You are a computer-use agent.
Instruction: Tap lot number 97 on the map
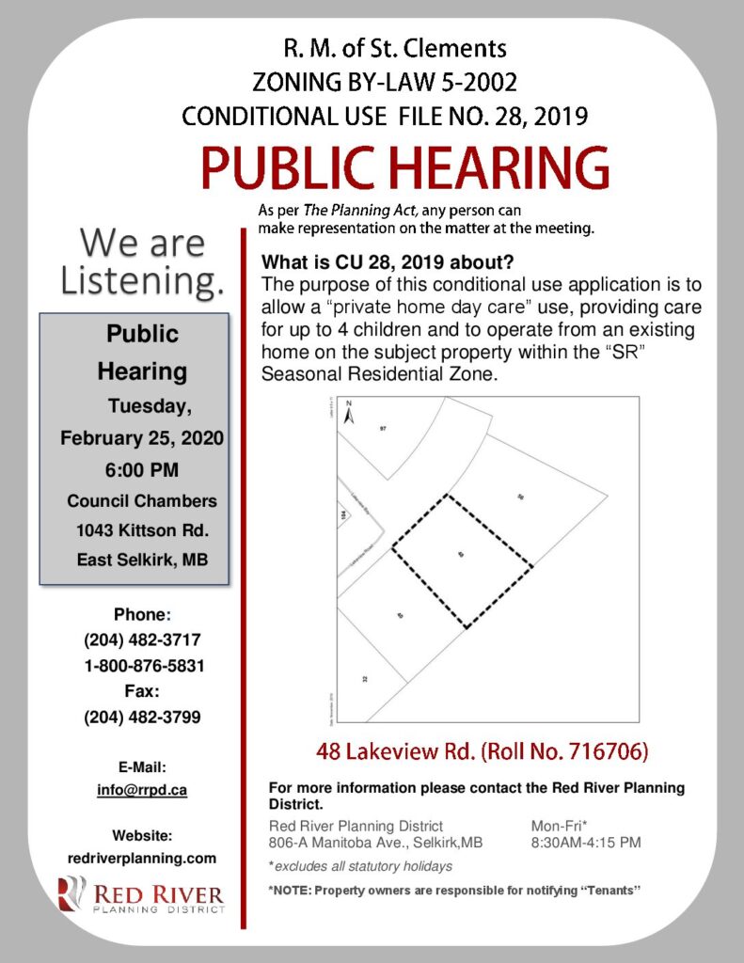pyautogui.click(x=384, y=429)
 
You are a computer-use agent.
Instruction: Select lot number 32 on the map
pyautogui.click(x=362, y=678)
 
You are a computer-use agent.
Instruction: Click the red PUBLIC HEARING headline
pyautogui.click(x=404, y=168)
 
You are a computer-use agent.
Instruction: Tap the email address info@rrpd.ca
pyautogui.click(x=141, y=790)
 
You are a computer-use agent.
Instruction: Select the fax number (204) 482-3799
pyautogui.click(x=141, y=717)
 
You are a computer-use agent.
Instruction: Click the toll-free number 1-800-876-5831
pyautogui.click(x=141, y=666)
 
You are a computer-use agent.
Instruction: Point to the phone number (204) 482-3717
pyautogui.click(x=141, y=640)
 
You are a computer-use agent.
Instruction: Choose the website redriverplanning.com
pyautogui.click(x=141, y=858)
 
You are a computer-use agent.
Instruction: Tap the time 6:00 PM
pyautogui.click(x=142, y=468)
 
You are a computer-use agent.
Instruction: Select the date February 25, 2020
pyautogui.click(x=142, y=437)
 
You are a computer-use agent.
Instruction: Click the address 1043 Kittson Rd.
pyautogui.click(x=142, y=529)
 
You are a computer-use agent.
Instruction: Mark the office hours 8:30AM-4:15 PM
pyautogui.click(x=586, y=842)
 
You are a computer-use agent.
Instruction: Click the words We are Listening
pyautogui.click(x=142, y=260)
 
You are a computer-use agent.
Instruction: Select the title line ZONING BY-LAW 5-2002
pyautogui.click(x=385, y=82)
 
